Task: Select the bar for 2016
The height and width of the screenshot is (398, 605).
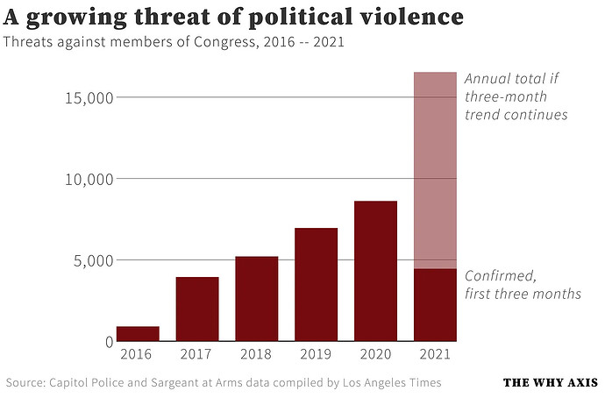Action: pos(138,333)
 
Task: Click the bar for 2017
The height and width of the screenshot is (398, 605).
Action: pos(197,309)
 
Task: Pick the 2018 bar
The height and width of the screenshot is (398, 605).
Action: pos(257,298)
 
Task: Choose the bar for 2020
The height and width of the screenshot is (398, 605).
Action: pos(375,271)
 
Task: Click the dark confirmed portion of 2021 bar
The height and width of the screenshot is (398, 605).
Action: pos(435,304)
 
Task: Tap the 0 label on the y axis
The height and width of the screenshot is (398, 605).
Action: pos(109,342)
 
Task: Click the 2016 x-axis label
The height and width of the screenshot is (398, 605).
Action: pos(138,354)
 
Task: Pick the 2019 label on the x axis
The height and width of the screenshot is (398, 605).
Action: pos(317,354)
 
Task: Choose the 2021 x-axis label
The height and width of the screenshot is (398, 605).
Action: pos(435,354)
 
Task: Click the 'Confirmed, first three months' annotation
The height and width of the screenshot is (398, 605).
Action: pos(523,284)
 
